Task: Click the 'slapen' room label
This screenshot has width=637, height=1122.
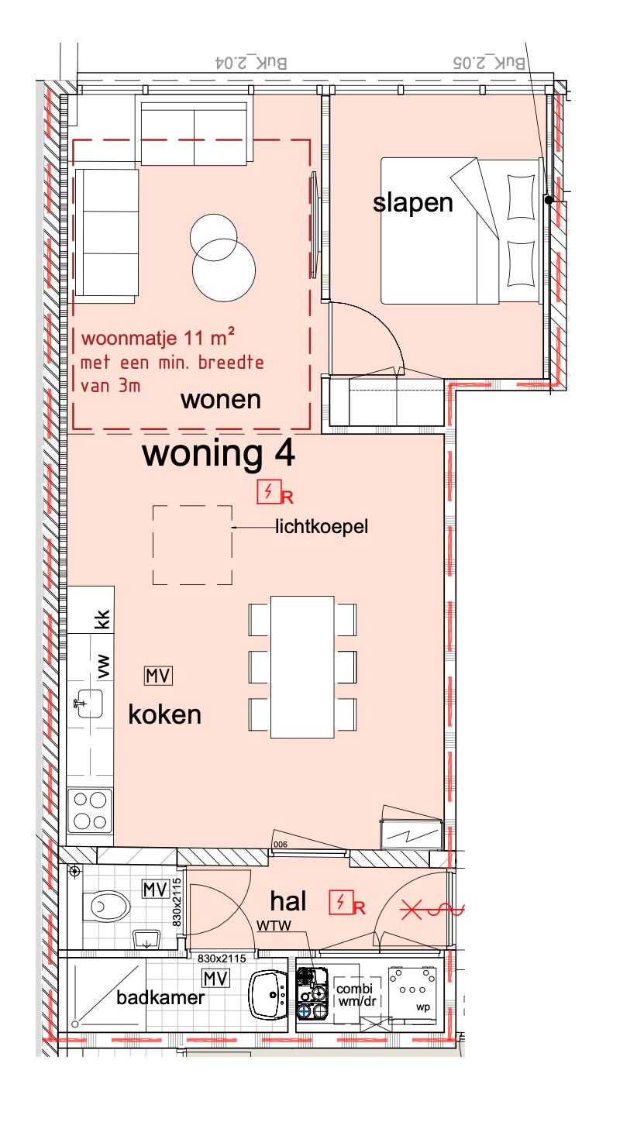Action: (x=412, y=203)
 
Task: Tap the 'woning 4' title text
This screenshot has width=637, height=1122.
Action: (x=218, y=455)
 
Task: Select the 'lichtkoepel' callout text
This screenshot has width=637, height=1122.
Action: (x=322, y=528)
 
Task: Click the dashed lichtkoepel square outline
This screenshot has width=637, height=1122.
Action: (x=192, y=545)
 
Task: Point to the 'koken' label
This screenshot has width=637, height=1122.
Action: (x=164, y=714)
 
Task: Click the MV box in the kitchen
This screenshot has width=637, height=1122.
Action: (x=159, y=676)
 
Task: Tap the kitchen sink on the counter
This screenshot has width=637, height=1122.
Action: (x=89, y=704)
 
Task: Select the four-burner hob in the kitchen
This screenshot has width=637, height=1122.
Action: (x=89, y=809)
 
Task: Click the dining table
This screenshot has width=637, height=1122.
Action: (x=302, y=666)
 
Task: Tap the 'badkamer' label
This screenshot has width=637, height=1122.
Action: (x=160, y=998)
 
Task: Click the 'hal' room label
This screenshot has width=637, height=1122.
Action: (x=288, y=901)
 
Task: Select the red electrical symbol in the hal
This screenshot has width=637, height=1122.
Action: (x=340, y=902)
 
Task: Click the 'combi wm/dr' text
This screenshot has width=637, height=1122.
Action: (x=354, y=994)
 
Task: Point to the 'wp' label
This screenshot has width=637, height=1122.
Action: (x=422, y=1007)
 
